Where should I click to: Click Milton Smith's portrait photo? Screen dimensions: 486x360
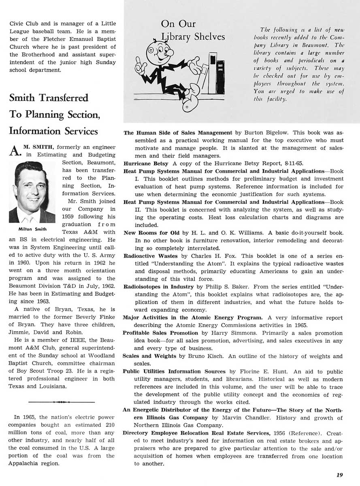[x=32, y=192]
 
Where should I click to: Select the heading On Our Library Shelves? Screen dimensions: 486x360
[x=193, y=30]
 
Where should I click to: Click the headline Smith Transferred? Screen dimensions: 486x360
[x=49, y=98]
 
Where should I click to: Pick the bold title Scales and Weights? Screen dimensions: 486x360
[x=150, y=356]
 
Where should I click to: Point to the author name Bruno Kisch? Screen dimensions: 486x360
[x=206, y=356]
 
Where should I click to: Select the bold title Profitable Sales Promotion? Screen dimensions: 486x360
[x=155, y=333]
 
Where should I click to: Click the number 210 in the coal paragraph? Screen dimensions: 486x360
[x=110, y=424]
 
